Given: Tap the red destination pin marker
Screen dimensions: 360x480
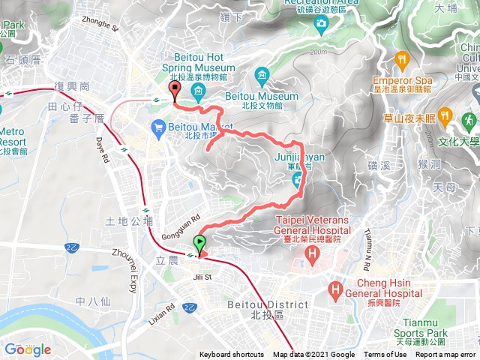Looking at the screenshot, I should click(x=175, y=91).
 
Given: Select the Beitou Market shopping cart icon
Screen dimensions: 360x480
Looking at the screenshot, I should click(x=158, y=129).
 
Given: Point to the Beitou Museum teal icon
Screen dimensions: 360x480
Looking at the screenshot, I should click(x=261, y=74).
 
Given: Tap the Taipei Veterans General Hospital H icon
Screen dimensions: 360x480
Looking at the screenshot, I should click(x=312, y=256).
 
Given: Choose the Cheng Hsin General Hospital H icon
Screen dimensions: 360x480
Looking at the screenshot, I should click(x=335, y=288).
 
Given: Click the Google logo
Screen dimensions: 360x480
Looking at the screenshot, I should click(x=27, y=349).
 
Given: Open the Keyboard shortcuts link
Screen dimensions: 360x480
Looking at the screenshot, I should click(x=232, y=355).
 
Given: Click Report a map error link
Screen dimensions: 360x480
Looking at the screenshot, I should click(x=445, y=355).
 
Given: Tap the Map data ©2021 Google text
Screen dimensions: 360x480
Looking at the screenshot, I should click(x=313, y=355).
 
